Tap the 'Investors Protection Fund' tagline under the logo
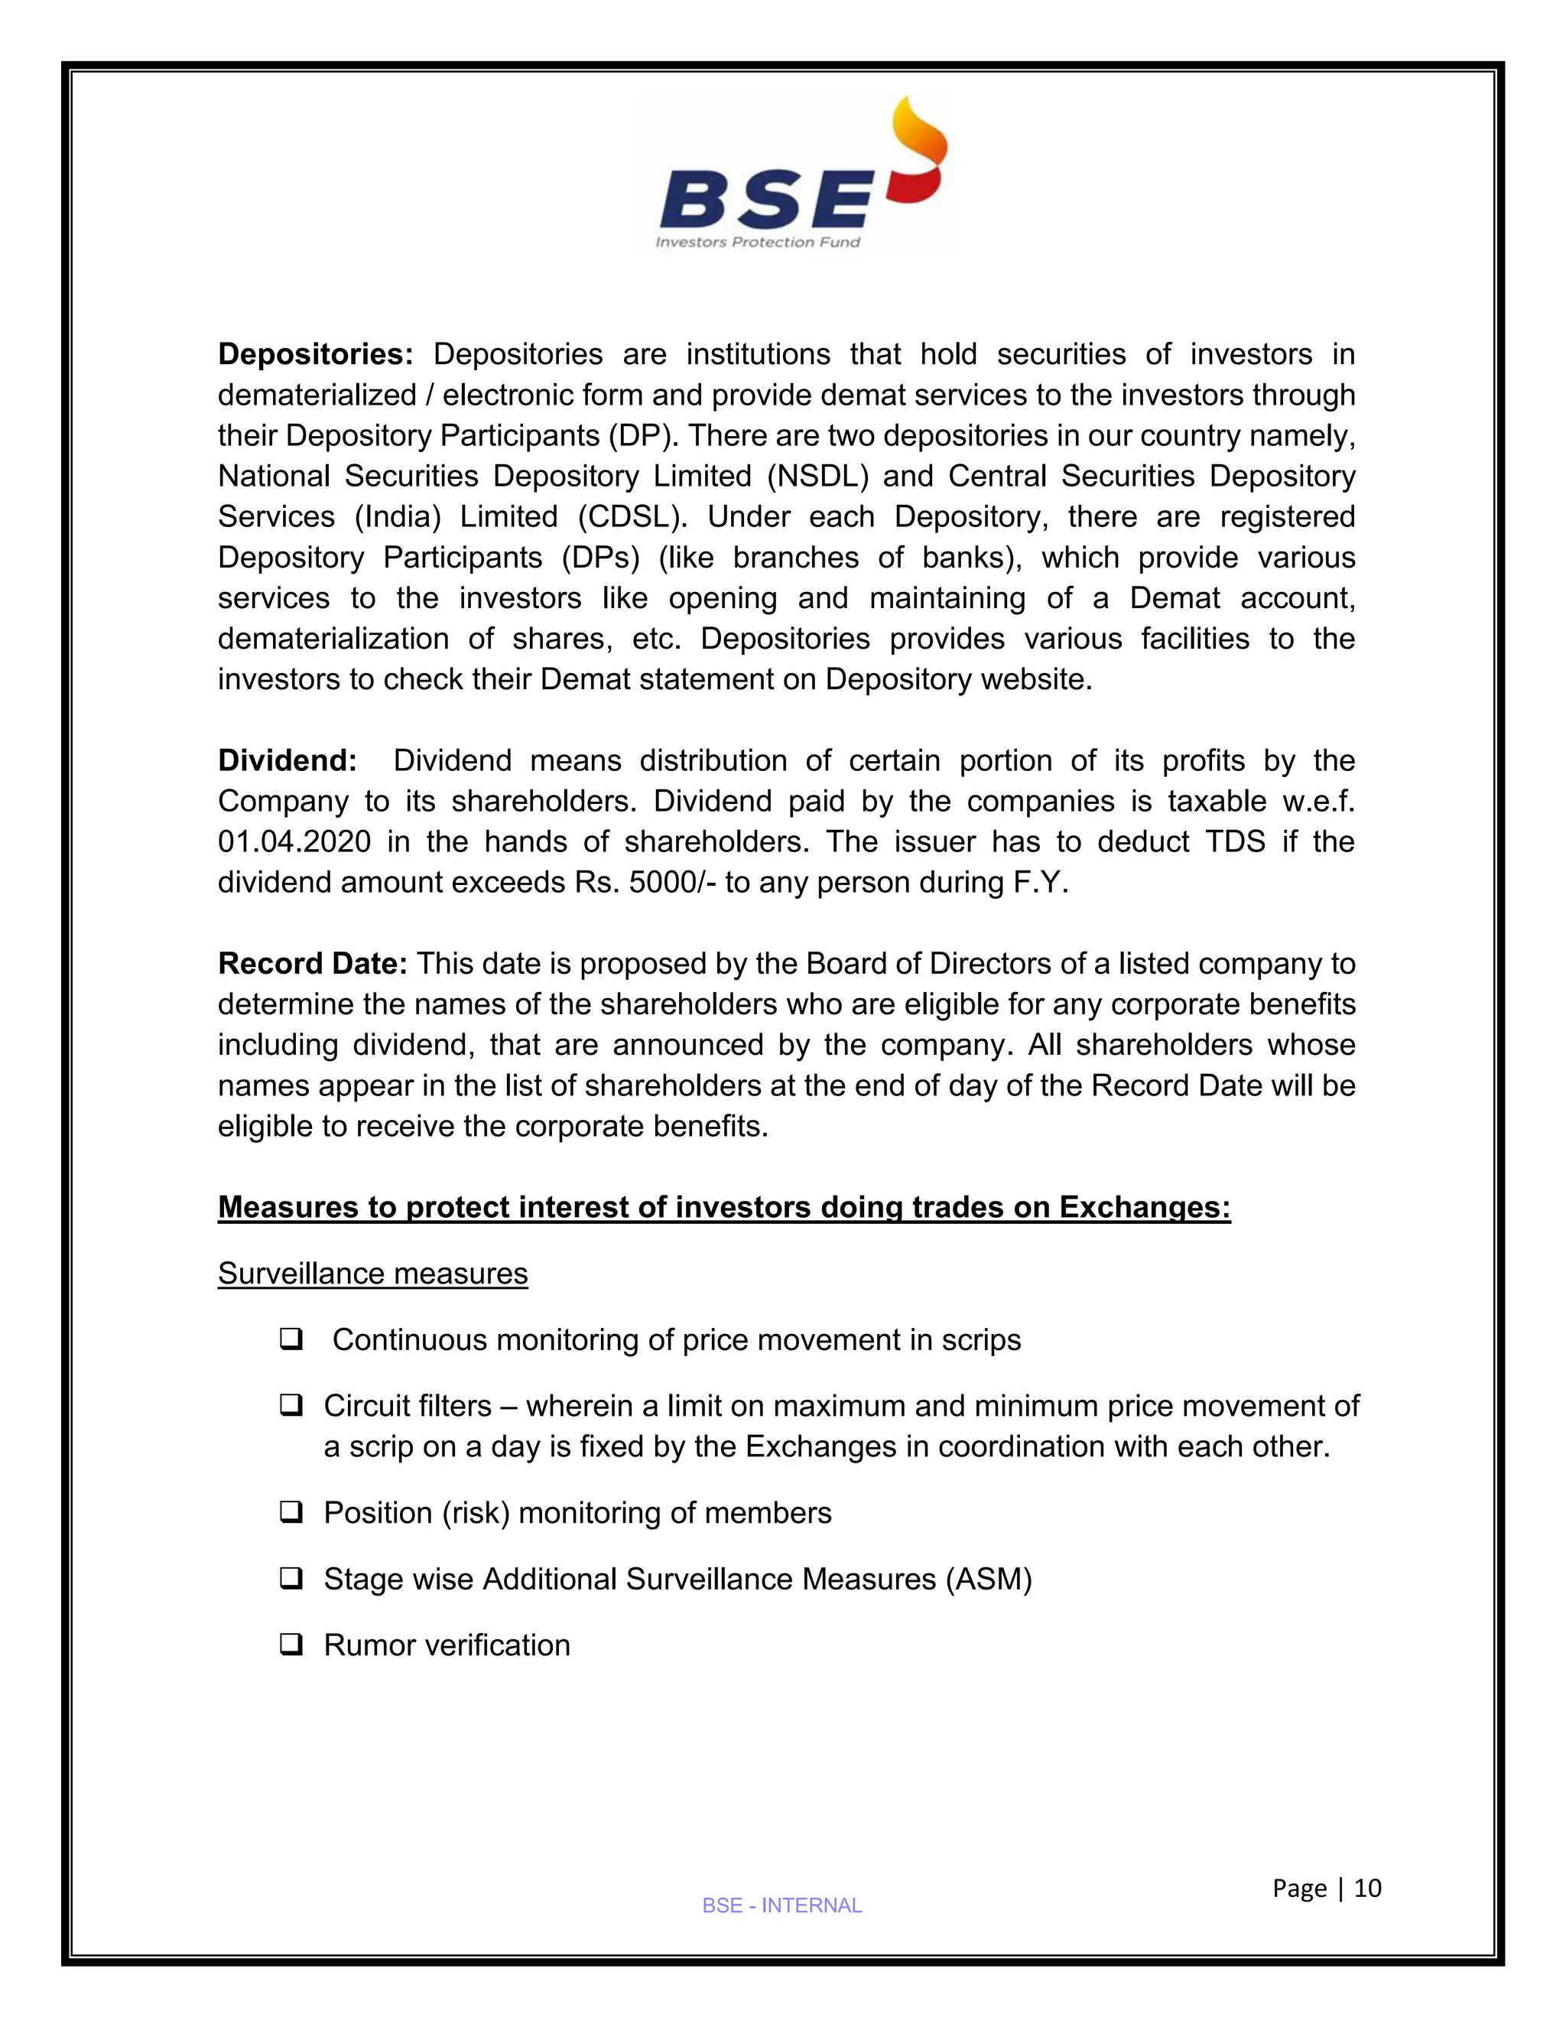pyautogui.click(x=757, y=242)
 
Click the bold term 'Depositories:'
pyautogui.click(x=314, y=355)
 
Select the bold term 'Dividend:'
pyautogui.click(x=287, y=761)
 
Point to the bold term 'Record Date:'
pyautogui.click(x=312, y=965)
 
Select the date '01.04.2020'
pyautogui.click(x=294, y=842)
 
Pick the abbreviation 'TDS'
pyautogui.click(x=1235, y=842)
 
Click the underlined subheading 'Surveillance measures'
pyautogui.click(x=372, y=1274)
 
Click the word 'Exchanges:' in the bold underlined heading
pyautogui.click(x=1145, y=1208)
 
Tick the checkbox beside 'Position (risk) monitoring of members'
pyautogui.click(x=291, y=1514)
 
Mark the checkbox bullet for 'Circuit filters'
pyautogui.click(x=291, y=1407)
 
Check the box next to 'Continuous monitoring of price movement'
pyautogui.click(x=291, y=1340)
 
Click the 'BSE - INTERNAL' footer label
pyautogui.click(x=782, y=1906)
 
